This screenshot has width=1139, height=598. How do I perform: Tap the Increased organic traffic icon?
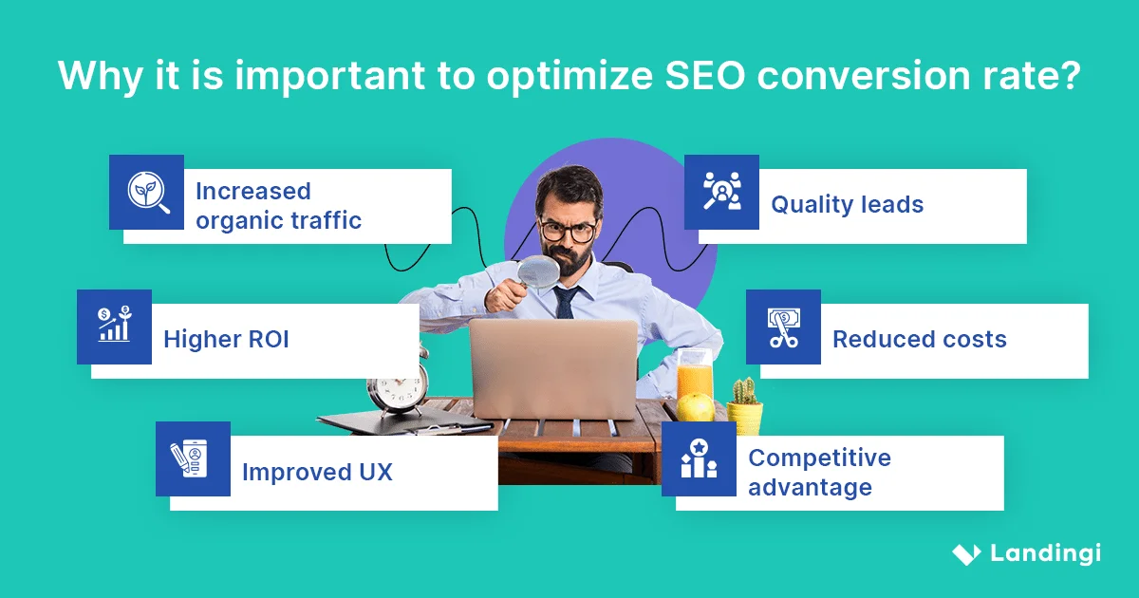pyautogui.click(x=146, y=193)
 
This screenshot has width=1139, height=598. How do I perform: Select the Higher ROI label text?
pyautogui.click(x=226, y=340)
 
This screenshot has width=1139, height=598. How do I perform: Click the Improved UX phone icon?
pyautogui.click(x=193, y=459)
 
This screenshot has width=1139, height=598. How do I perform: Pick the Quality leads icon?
pyautogui.click(x=721, y=193)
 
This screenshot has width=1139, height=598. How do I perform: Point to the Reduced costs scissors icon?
pyautogui.click(x=783, y=327)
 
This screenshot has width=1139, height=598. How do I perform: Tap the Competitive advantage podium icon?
pyautogui.click(x=699, y=459)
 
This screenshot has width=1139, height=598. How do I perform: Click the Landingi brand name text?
pyautogui.click(x=1045, y=554)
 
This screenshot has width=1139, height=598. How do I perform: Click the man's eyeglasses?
pyautogui.click(x=568, y=230)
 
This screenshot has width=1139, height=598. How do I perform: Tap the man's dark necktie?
pyautogui.click(x=566, y=303)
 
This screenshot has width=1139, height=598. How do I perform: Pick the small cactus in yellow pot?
pyautogui.click(x=745, y=405)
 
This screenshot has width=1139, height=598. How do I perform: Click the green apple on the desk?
pyautogui.click(x=696, y=407)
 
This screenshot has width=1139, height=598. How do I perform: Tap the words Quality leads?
pyautogui.click(x=847, y=204)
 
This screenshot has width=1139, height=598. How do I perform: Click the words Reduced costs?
pyautogui.click(x=919, y=340)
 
